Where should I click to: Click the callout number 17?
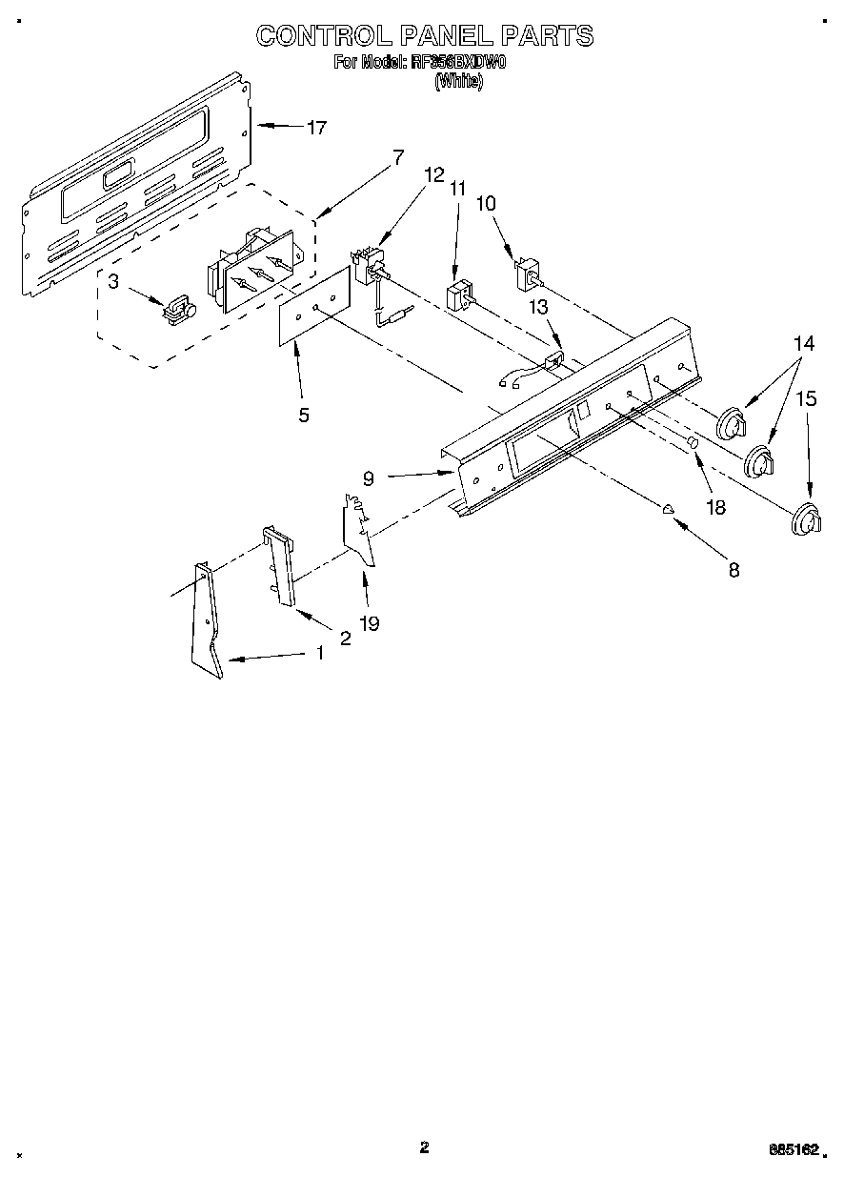316,128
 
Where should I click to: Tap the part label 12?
433,174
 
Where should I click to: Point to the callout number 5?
303,415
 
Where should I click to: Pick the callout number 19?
369,623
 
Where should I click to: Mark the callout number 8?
733,570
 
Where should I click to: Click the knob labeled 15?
806,519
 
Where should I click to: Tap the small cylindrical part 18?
693,442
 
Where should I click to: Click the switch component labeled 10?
527,275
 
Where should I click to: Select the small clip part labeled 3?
178,309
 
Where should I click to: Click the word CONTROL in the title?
322,36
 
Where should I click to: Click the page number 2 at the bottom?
424,1147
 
